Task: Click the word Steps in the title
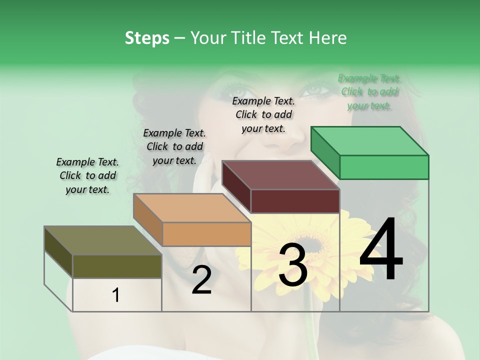coord(147,38)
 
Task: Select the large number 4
coord(381,250)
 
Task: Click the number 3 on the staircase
coord(292,265)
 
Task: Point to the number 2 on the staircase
coord(201,280)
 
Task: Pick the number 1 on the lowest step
coord(116,295)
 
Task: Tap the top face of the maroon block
coord(280,175)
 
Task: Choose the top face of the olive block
coord(102,240)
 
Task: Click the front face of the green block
coord(384,167)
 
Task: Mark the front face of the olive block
coord(117,266)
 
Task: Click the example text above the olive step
coord(87,175)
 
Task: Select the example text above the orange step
coord(174,146)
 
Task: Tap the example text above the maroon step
coord(263,114)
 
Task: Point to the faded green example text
coord(369,91)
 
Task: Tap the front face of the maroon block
coord(295,201)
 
